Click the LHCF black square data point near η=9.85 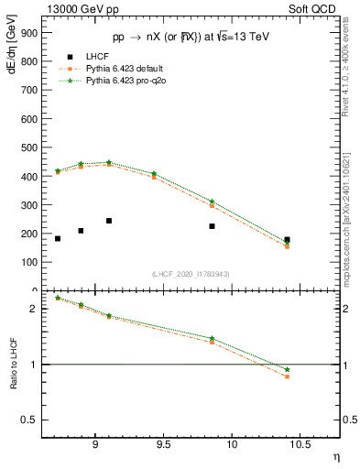(x=212, y=226)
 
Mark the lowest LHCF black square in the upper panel (x=58, y=238)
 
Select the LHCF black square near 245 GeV (x=109, y=221)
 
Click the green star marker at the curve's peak (x=109, y=162)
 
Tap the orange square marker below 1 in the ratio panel (x=287, y=376)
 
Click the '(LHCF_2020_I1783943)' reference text (x=190, y=274)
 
